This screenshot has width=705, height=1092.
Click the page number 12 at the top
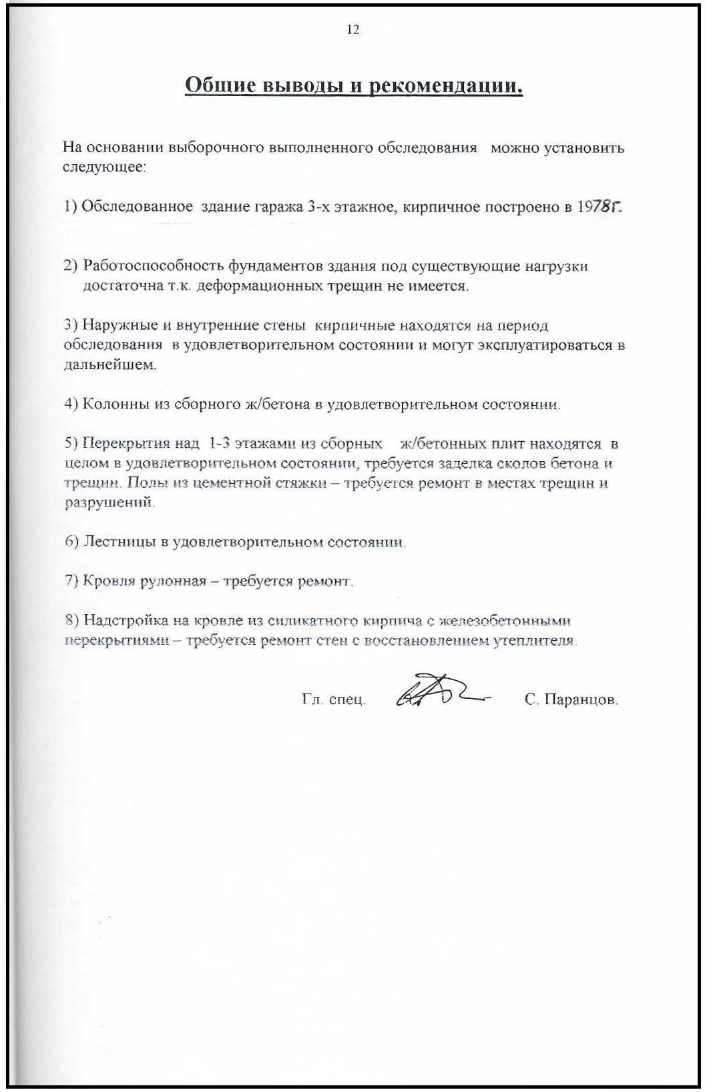353,29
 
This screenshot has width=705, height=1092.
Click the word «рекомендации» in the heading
445,86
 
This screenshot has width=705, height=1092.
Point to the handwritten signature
441,691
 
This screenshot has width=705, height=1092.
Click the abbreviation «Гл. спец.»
333,700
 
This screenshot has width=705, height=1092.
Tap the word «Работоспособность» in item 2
154,266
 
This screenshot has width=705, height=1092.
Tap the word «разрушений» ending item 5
109,503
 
